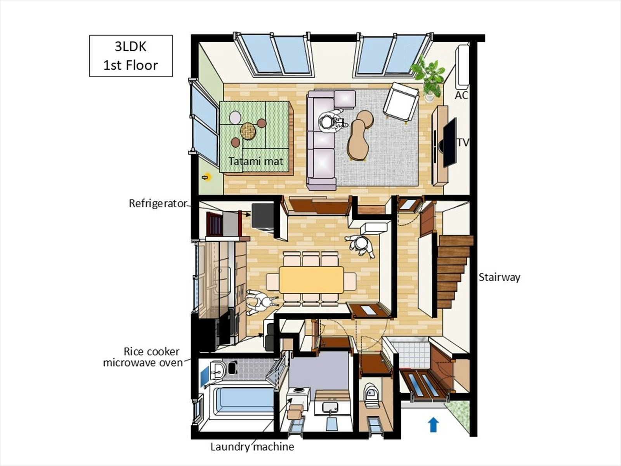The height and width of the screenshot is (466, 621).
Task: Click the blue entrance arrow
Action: coord(433,425)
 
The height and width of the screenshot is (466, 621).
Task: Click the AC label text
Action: coord(461,96)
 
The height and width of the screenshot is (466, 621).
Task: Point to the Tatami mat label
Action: coord(256,161)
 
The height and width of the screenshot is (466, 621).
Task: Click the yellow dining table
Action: coord(311,280)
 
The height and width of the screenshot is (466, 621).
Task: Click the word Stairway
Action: coord(500,278)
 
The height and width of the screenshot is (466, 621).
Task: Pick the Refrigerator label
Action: coord(158,203)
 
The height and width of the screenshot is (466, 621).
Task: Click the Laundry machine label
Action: coord(252,447)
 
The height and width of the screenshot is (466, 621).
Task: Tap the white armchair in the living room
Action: coord(401,102)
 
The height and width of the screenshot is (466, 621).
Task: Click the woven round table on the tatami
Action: coord(248,131)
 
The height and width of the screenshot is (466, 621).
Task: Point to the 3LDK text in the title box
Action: coord(131,47)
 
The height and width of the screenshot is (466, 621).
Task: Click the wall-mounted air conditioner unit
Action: coord(462,65)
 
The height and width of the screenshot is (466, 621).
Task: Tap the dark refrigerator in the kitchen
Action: coord(262,217)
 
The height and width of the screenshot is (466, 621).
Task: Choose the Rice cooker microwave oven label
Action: coord(143,357)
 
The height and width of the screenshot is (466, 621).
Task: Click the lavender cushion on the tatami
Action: coord(235,117)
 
